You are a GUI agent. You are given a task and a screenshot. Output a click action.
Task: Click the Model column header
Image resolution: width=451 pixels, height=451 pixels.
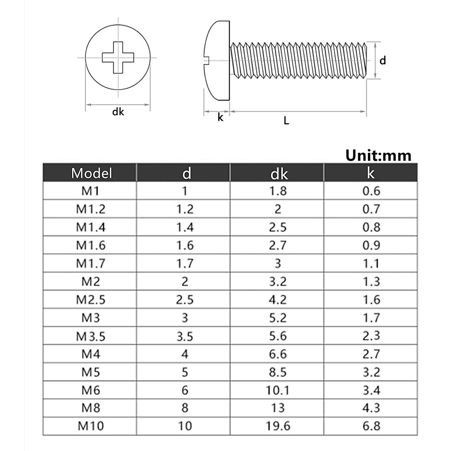point(91,173)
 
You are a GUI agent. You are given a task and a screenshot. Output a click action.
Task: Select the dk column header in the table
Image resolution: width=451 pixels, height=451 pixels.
point(278,174)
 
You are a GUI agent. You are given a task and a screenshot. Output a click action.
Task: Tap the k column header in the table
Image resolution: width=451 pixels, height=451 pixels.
point(371,173)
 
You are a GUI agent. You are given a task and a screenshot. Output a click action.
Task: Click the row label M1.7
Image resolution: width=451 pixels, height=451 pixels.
point(91,263)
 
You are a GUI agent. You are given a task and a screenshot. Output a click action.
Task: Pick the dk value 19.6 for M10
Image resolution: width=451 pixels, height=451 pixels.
point(278,426)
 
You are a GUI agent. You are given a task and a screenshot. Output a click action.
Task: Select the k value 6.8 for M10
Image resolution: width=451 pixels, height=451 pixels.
point(371,426)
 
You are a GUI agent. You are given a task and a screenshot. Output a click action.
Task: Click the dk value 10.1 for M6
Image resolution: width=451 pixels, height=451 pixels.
point(278,390)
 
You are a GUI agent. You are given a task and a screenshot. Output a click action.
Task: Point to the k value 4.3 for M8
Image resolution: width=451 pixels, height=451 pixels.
point(371,408)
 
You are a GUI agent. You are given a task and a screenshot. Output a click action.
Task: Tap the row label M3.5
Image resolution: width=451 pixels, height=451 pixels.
point(91,336)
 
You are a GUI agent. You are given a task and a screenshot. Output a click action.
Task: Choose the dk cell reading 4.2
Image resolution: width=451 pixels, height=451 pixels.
point(278,300)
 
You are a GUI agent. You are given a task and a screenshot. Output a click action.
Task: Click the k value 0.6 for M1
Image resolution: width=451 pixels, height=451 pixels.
point(371,191)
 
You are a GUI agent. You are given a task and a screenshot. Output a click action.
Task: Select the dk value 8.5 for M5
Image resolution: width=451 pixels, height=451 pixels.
point(278,372)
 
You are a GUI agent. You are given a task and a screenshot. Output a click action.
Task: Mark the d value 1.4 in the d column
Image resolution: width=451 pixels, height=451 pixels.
point(185,227)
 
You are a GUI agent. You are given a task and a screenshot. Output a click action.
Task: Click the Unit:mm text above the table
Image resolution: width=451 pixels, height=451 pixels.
point(378,155)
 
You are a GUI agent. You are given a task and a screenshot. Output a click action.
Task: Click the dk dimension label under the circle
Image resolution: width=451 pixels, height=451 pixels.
point(118,112)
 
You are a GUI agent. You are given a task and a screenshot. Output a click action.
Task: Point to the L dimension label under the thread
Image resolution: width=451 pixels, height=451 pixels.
point(286,121)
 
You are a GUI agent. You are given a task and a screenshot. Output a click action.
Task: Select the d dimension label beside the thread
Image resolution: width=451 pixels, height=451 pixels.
point(383,61)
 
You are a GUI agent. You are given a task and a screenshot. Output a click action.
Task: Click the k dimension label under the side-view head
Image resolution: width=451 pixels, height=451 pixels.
point(221,118)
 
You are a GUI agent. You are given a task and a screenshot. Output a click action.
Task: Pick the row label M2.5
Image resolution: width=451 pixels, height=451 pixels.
point(91,300)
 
